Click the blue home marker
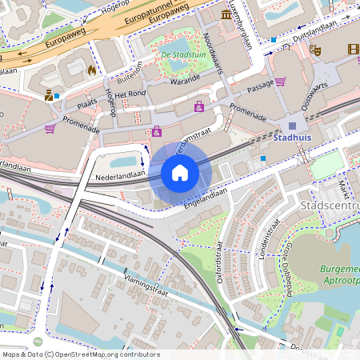pos(180,173)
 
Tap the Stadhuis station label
pos(291,137)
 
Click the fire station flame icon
pos(92,70)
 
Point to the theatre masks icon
pos(316,50)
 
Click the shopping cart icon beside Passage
pos(280,81)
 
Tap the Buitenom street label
pos(129,73)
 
